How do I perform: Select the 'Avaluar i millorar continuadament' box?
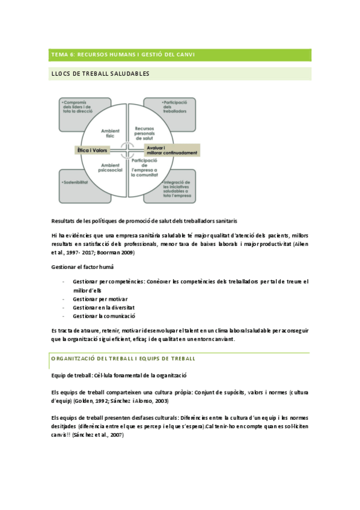click(170, 150)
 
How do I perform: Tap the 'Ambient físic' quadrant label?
click(110, 132)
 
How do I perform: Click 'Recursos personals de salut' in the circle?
click(148, 132)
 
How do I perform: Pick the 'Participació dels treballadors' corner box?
click(169, 114)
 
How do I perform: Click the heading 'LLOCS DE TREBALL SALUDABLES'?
click(100, 73)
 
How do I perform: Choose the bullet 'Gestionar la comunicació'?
click(104, 316)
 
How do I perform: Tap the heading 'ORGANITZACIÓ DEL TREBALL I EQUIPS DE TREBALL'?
click(123, 358)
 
